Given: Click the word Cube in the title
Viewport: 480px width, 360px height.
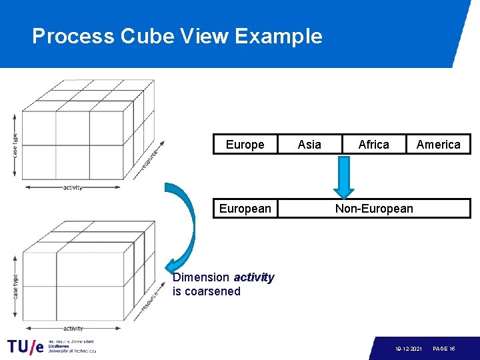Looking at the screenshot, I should click(143, 36).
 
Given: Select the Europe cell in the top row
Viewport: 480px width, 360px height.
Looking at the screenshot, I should click(245, 145).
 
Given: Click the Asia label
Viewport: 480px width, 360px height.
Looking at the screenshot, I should click(309, 145).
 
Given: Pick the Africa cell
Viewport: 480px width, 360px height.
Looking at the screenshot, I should click(373, 145).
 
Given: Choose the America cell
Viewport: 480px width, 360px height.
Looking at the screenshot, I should click(438, 145).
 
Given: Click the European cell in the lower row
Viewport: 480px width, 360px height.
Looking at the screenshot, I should click(245, 209).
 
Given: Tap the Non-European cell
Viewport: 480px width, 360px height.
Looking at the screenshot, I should click(374, 209).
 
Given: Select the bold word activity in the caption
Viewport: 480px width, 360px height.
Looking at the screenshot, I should click(253, 277).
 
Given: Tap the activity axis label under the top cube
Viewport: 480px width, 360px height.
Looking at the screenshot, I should click(73, 188).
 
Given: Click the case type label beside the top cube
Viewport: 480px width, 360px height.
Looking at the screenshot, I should click(15, 144).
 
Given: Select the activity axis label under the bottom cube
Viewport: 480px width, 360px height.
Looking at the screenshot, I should click(73, 329).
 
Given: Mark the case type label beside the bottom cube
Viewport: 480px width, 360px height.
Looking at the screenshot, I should click(15, 285).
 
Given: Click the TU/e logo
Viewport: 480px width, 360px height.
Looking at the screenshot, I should click(26, 346).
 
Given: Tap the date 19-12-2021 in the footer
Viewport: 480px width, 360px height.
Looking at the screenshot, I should click(408, 349).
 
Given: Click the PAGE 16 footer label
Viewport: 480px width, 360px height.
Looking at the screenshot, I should click(444, 349).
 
